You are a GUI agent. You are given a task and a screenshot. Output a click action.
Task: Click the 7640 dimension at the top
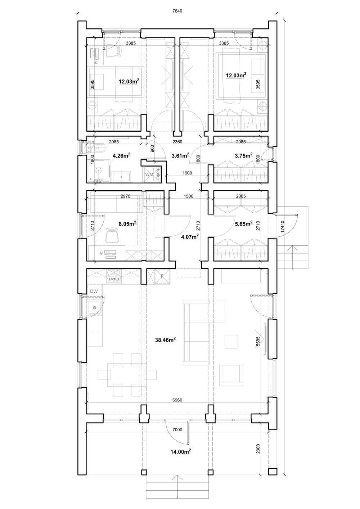[177, 11]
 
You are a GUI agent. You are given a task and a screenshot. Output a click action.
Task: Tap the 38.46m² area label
[165, 340]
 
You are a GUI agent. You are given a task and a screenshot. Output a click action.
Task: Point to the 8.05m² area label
[127, 224]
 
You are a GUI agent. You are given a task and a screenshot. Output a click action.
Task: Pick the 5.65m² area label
[244, 224]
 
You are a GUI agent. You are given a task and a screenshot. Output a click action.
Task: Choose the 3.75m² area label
[244, 156]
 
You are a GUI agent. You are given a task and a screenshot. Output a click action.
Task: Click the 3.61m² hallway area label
[181, 156]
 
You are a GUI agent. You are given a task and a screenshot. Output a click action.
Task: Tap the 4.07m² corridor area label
[190, 237]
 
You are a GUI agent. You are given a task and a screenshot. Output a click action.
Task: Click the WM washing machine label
[149, 174]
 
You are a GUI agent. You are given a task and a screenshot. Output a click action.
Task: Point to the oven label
[114, 278]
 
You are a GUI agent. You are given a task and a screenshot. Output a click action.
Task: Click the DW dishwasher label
[94, 291]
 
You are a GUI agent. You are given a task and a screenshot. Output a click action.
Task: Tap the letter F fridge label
[162, 276]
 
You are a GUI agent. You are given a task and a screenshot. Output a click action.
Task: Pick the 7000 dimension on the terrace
[177, 430]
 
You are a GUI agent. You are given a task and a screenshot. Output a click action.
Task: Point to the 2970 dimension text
[125, 196]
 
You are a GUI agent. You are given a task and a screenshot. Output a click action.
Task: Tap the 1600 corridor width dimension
[187, 173]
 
